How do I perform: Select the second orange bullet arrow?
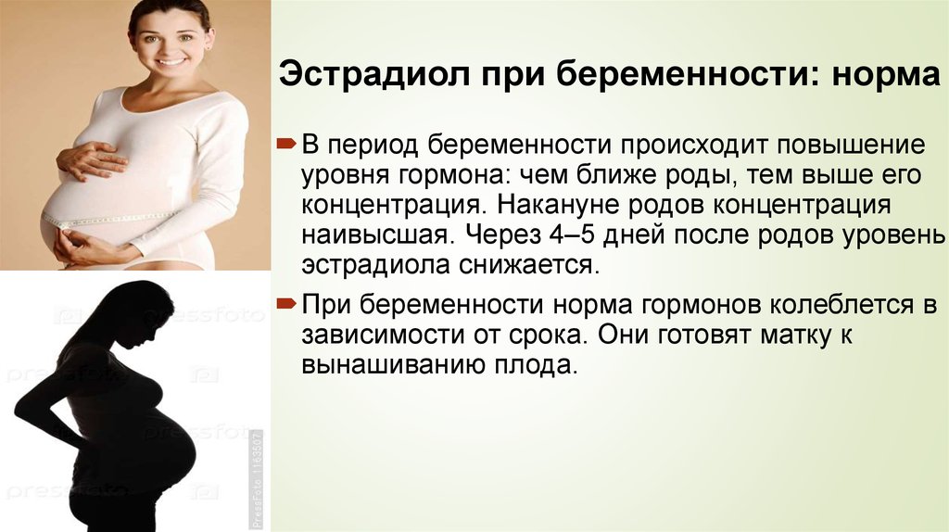point(286,303)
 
